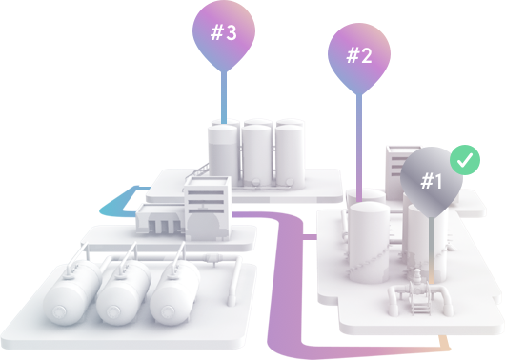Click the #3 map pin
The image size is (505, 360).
(224, 32)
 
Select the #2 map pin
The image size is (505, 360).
(359, 55)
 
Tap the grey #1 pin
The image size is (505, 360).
(432, 181)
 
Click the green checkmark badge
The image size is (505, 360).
(465, 160)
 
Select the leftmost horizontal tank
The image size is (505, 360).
(72, 293)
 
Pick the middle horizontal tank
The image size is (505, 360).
(124, 293)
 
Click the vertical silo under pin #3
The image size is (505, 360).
(224, 154)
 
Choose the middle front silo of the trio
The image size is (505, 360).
(256, 155)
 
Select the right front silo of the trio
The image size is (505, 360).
(290, 156)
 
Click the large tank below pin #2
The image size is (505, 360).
(370, 242)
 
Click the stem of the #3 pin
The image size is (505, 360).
(224, 97)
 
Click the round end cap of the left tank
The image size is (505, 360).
(59, 311)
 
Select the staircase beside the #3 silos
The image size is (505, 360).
(197, 170)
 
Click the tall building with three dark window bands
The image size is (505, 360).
(208, 209)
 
